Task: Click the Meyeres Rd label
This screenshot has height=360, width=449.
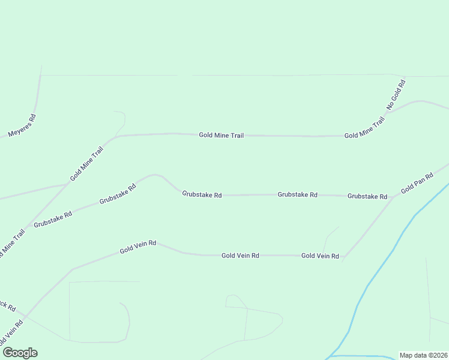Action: [x=22, y=125]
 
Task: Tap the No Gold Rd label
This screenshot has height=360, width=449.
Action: [x=396, y=94]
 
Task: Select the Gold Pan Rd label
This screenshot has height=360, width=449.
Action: [x=417, y=182]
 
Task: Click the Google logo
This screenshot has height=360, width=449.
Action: [x=20, y=353]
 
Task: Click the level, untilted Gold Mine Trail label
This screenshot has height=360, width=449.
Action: [x=221, y=136]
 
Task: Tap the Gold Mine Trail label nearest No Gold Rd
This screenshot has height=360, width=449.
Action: [x=364, y=128]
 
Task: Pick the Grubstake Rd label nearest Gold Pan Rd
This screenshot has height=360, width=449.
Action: [x=367, y=196]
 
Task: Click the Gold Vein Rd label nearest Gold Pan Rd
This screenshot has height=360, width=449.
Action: [x=320, y=256]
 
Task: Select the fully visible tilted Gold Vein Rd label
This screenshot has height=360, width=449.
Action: [x=138, y=247]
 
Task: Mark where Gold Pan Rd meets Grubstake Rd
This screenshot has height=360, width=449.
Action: [x=393, y=196]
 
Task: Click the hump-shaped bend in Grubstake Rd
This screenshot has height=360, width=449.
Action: [x=155, y=175]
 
